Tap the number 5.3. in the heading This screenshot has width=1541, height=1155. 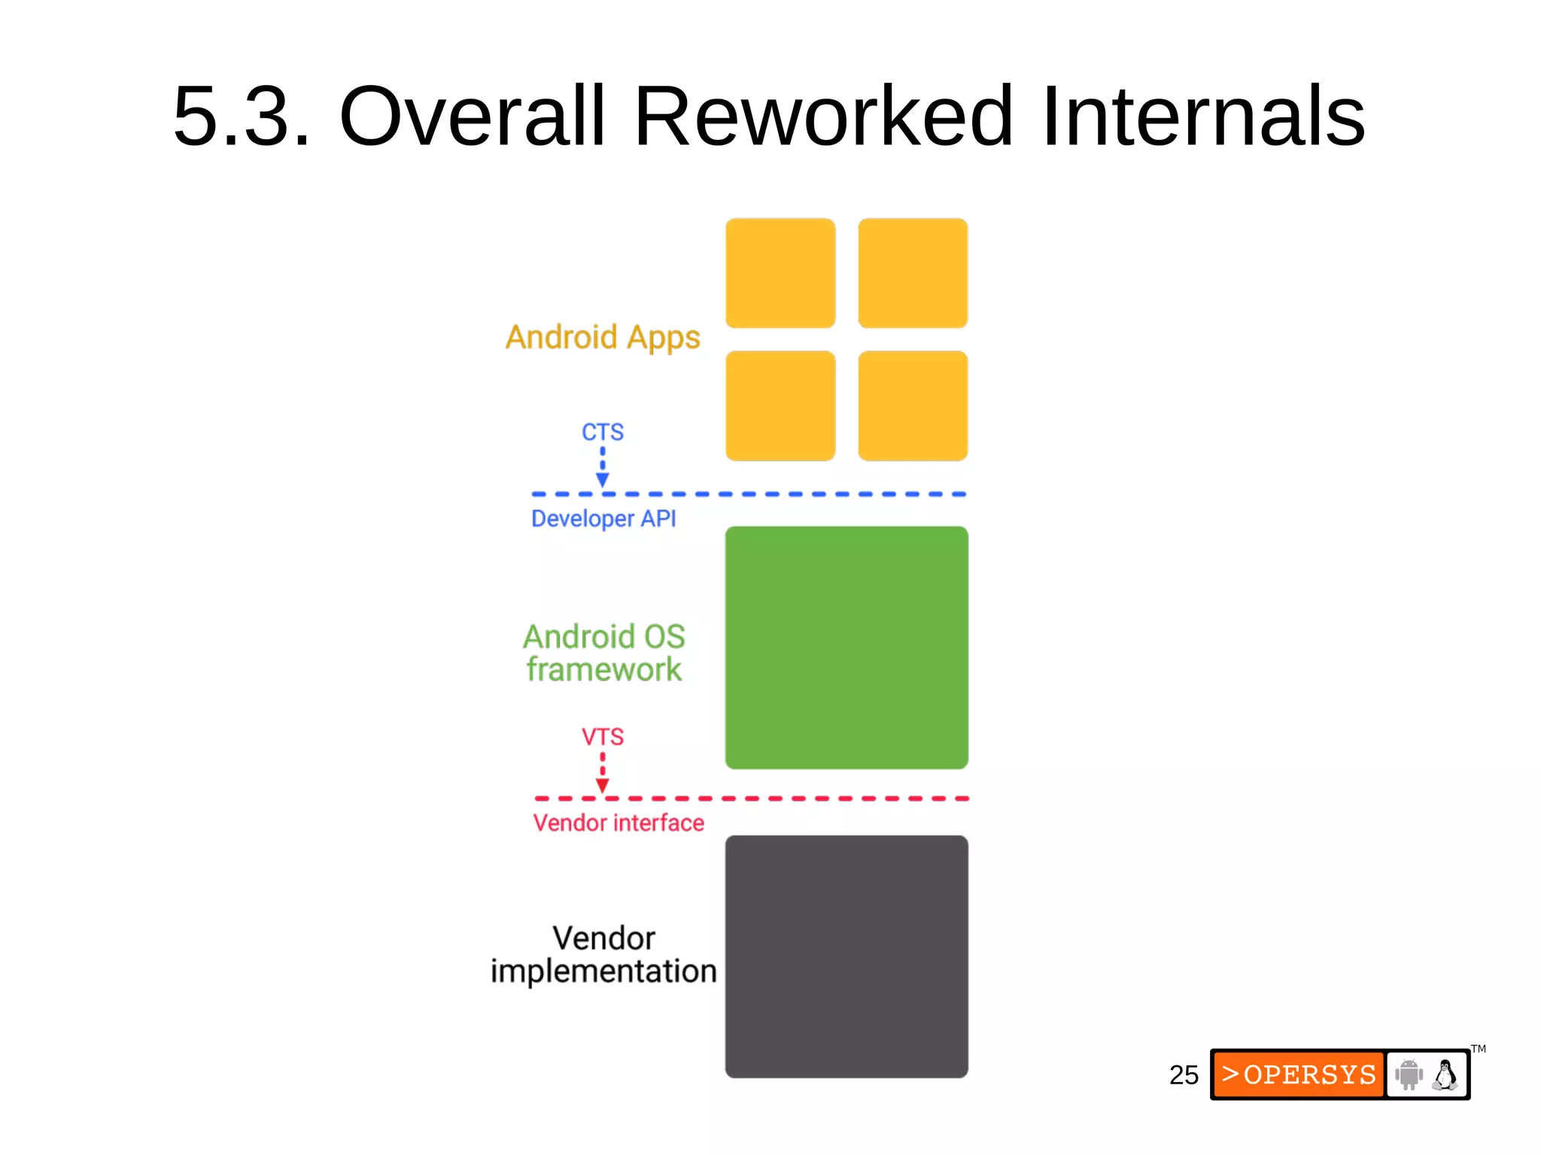coord(242,117)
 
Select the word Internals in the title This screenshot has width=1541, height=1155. coord(1203,117)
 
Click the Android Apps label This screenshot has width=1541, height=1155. coord(603,337)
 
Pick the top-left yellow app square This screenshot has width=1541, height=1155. coord(780,273)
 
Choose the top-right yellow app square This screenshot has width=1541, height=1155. coord(913,273)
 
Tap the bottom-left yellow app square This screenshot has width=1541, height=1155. coord(780,406)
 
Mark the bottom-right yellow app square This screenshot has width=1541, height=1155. coord(913,406)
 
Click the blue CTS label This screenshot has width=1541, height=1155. coord(603,432)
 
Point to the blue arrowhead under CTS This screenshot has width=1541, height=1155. coord(603,480)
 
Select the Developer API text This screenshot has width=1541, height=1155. coord(603,518)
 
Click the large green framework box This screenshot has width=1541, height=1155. coord(846,648)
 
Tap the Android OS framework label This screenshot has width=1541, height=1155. coord(604,653)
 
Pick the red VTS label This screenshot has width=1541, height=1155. coord(603,737)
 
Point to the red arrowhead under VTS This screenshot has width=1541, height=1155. coord(603,786)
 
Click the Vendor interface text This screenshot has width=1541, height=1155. coord(619,823)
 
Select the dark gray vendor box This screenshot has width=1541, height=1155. coord(846,956)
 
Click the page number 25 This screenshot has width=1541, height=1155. coord(1184,1074)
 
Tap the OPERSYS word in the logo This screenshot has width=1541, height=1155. coord(1308,1074)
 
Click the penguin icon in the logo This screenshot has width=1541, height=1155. coord(1445,1074)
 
